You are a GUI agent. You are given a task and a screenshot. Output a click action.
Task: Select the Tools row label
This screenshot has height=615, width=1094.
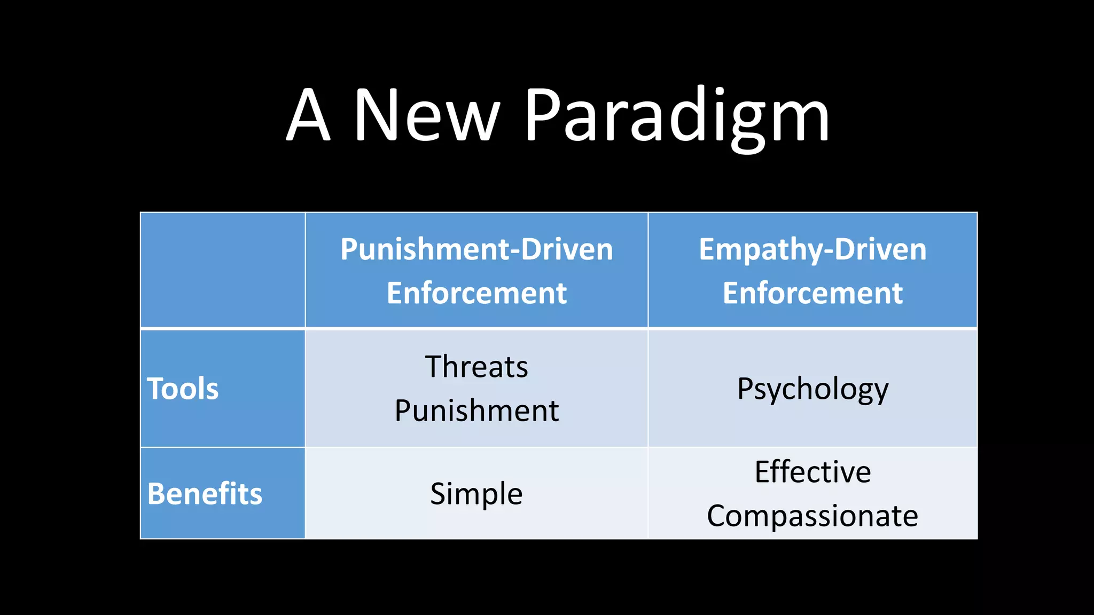tap(183, 388)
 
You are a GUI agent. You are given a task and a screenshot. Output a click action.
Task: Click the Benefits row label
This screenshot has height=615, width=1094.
tap(205, 493)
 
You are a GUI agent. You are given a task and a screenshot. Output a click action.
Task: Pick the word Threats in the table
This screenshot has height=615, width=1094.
tap(476, 367)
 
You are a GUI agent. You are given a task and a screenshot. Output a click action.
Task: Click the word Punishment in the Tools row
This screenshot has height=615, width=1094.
tap(476, 411)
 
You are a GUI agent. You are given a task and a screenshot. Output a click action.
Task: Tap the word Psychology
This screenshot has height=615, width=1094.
tap(812, 389)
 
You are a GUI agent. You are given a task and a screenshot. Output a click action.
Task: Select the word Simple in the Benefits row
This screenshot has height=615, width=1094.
tap(476, 493)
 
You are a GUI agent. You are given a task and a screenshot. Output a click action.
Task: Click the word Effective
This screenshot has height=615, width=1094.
tap(812, 471)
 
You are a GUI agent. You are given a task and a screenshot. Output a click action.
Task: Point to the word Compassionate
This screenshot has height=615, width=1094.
tap(812, 516)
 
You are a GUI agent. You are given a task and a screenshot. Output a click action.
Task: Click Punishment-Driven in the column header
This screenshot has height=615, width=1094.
tap(476, 249)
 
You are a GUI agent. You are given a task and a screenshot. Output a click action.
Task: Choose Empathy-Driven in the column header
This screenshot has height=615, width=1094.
tap(812, 249)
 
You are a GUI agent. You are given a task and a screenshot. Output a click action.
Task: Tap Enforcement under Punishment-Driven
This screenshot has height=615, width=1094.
tap(476, 293)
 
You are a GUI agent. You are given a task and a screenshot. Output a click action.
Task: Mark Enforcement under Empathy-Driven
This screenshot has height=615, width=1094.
tap(812, 293)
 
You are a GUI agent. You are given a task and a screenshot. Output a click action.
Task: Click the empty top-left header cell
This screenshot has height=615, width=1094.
tap(223, 270)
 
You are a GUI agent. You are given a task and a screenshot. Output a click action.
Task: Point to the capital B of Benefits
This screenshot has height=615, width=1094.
tap(157, 493)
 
